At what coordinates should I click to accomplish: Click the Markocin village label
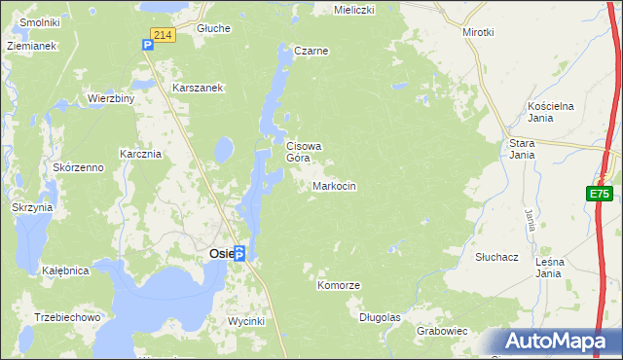[x=335, y=186]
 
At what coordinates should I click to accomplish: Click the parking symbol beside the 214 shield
[x=146, y=44]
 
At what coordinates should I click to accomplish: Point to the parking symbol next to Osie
[x=238, y=252]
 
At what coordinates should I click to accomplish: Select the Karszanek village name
[x=199, y=88]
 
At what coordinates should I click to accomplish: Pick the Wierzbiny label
[x=110, y=98]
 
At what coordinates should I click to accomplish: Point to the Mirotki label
[x=479, y=31]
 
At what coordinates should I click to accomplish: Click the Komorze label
[x=339, y=285]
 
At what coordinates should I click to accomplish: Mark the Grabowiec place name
[x=443, y=331]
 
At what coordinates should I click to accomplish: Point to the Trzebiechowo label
[x=67, y=317]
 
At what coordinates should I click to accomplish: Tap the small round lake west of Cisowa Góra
[x=223, y=149]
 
